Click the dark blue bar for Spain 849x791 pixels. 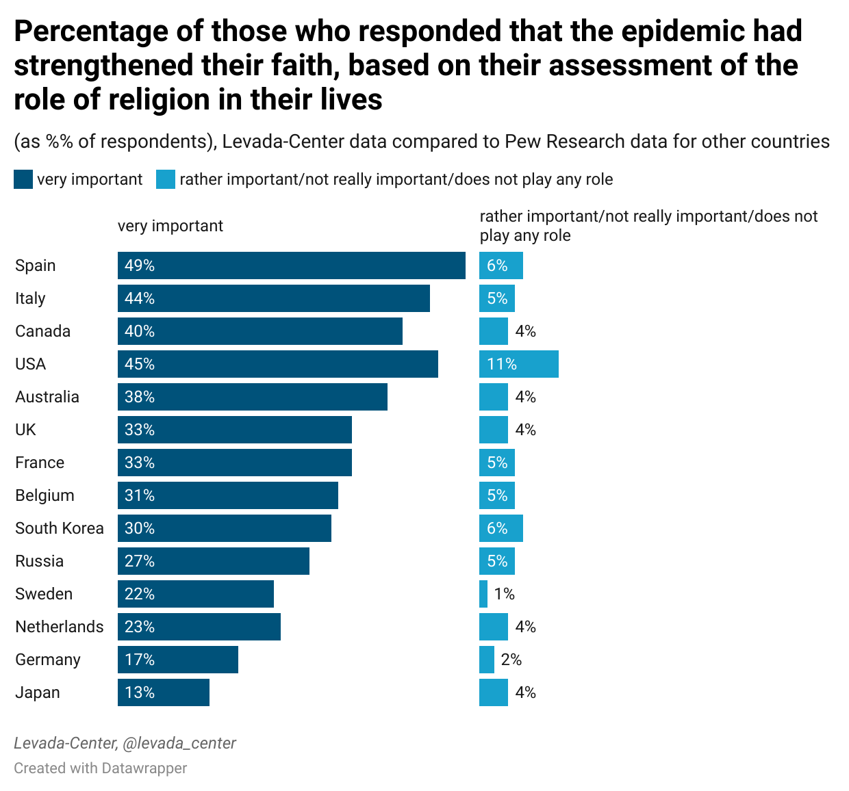(x=291, y=265)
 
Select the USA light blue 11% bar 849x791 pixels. (x=518, y=364)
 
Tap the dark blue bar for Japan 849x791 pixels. (x=163, y=692)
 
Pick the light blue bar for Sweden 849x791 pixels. (x=483, y=594)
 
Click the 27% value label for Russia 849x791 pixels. (x=140, y=561)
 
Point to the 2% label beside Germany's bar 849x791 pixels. (x=511, y=660)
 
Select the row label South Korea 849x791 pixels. (x=60, y=528)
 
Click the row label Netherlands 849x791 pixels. (x=60, y=627)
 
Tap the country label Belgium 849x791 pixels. (x=45, y=495)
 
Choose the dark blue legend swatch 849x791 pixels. (x=23, y=179)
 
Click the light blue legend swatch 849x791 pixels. (x=166, y=179)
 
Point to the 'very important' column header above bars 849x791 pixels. (x=170, y=226)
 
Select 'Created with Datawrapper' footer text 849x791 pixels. (x=101, y=768)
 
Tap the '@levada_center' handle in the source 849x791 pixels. (x=179, y=743)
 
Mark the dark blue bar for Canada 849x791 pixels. (x=259, y=331)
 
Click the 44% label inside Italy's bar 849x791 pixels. (x=140, y=298)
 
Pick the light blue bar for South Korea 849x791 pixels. (x=500, y=528)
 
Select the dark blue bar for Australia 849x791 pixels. (x=252, y=397)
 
